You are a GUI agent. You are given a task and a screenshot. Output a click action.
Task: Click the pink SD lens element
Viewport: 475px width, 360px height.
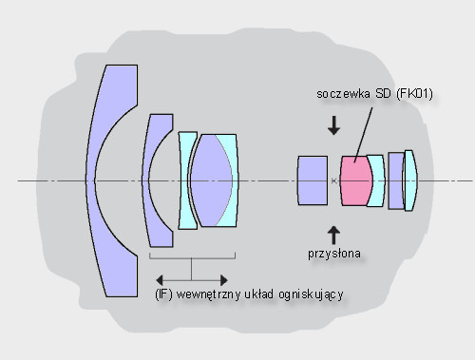tap(356, 180)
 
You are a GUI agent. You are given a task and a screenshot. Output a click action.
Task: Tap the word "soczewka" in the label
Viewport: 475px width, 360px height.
tap(343, 94)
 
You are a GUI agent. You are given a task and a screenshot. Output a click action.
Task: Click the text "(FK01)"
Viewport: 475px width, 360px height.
tap(414, 94)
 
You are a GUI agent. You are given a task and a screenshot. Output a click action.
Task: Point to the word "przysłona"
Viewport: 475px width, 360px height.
tap(334, 254)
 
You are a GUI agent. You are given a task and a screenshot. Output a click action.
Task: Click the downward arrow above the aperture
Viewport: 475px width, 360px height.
tap(333, 125)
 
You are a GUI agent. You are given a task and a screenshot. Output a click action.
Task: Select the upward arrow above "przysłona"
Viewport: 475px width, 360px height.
tap(333, 235)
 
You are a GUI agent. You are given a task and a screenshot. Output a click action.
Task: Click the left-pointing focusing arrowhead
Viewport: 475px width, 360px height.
tap(160, 280)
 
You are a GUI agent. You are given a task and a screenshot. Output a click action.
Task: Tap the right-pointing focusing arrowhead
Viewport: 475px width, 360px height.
tap(224, 280)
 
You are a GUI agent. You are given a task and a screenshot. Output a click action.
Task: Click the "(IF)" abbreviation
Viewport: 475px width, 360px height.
tap(163, 294)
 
